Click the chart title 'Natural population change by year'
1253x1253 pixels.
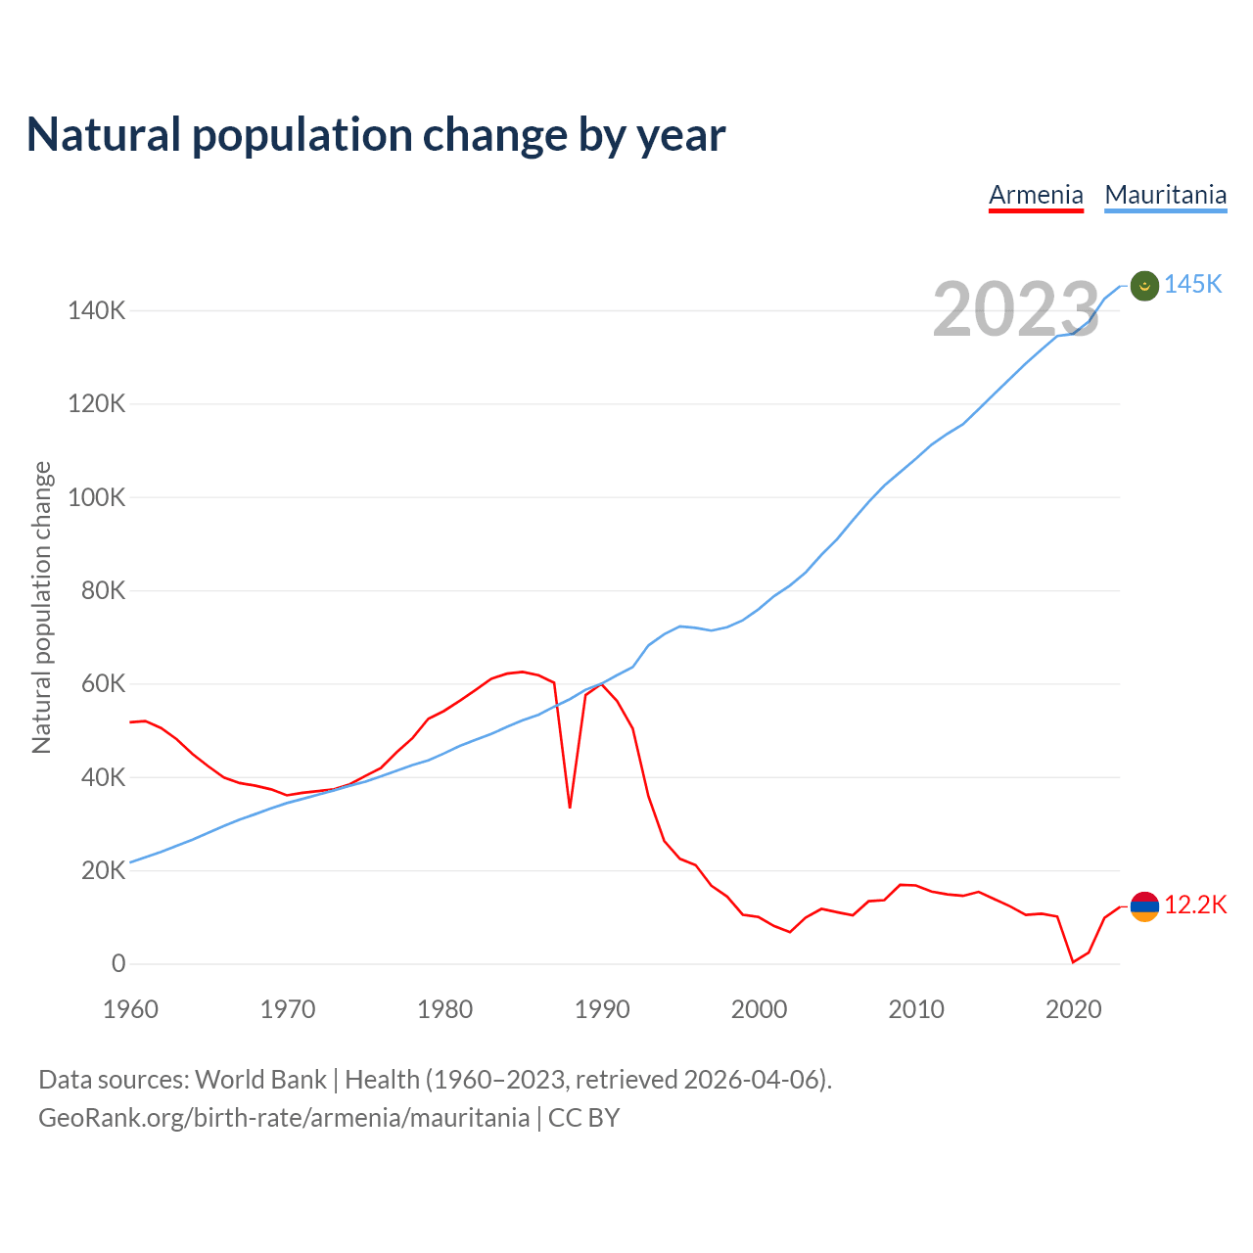click(x=376, y=135)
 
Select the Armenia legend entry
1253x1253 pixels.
click(x=1036, y=195)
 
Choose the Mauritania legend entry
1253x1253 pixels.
click(x=1165, y=195)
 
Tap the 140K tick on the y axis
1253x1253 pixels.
click(x=96, y=311)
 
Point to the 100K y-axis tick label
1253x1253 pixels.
click(x=96, y=497)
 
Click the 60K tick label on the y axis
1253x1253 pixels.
click(x=103, y=684)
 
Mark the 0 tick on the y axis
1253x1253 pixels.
click(x=118, y=963)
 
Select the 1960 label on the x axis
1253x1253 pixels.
click(x=130, y=1009)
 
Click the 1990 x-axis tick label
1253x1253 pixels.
click(x=602, y=1009)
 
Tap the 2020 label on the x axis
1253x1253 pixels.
click(x=1074, y=1009)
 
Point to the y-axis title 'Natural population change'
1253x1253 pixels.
click(x=41, y=608)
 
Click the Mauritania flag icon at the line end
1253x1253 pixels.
click(x=1144, y=286)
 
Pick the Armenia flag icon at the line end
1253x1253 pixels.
click(x=1144, y=906)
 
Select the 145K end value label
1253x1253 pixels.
click(x=1193, y=284)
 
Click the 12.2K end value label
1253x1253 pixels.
click(x=1195, y=905)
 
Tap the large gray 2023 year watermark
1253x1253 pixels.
click(x=1016, y=309)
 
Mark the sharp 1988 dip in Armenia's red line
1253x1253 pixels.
click(x=570, y=807)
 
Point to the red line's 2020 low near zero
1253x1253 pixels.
click(x=1073, y=961)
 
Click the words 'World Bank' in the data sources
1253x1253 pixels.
click(x=260, y=1080)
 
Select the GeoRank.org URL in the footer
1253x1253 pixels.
click(x=284, y=1118)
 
